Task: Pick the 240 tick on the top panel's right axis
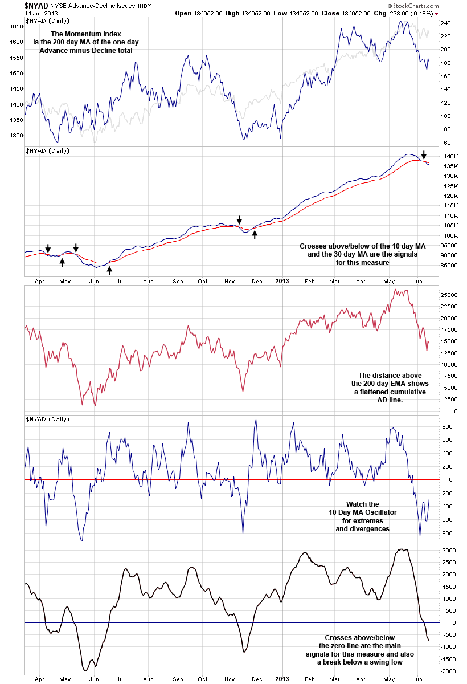[x=445, y=23]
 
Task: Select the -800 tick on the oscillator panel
[x=448, y=533]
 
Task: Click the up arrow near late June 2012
[x=109, y=270]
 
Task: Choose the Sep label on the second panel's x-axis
[x=178, y=281]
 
